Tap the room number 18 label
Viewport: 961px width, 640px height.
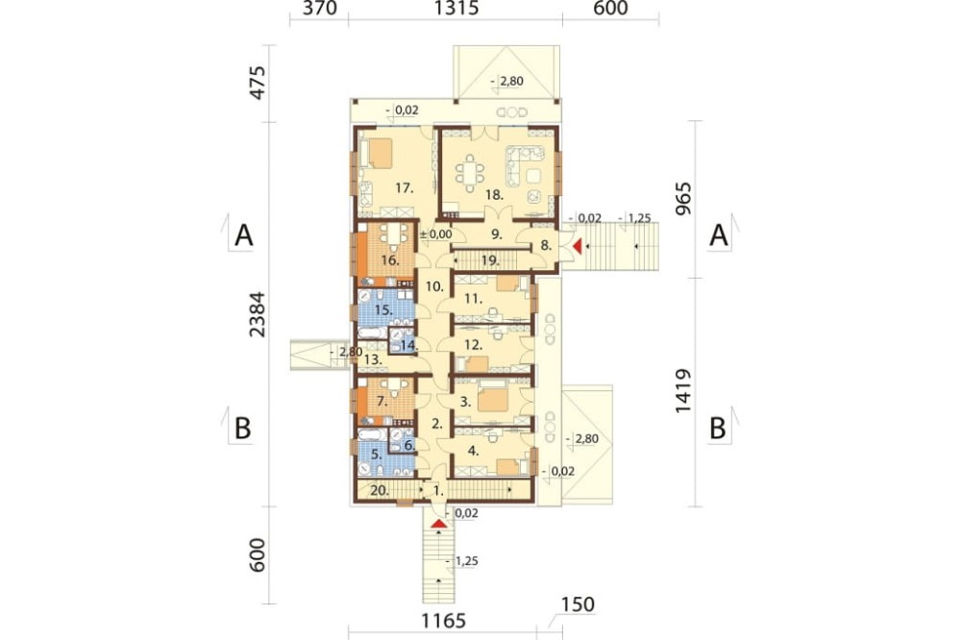[x=495, y=196]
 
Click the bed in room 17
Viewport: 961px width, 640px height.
[x=377, y=153]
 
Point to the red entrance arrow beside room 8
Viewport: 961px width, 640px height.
[x=577, y=246]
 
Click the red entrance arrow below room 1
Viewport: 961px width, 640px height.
[x=438, y=524]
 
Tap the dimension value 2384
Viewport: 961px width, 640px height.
[x=258, y=314]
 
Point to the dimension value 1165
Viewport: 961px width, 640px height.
[x=443, y=621]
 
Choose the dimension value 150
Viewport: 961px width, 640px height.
[x=578, y=604]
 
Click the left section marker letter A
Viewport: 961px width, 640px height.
[x=243, y=235]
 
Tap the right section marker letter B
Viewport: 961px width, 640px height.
[x=717, y=429]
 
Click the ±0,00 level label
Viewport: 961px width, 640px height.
[x=437, y=234]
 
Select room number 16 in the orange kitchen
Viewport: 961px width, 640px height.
[x=390, y=260]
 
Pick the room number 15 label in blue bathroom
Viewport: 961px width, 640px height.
[x=383, y=310]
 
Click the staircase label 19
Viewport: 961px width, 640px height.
[x=490, y=260]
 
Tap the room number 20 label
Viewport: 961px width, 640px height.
[x=379, y=490]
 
